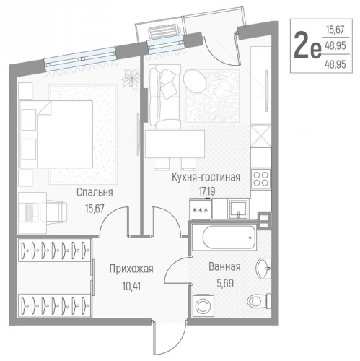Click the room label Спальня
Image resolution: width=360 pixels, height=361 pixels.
click(x=95, y=192)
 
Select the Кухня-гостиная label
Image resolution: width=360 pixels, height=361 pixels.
click(x=205, y=175)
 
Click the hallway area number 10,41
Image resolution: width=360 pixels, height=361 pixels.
click(x=131, y=283)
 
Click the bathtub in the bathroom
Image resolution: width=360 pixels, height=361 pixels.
click(x=223, y=237)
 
